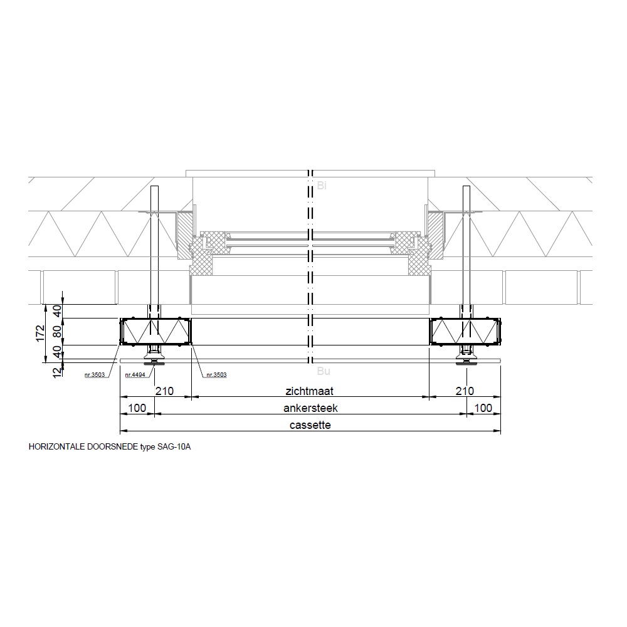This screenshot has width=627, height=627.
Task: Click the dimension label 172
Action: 40,333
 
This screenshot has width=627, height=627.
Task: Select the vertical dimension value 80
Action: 58,332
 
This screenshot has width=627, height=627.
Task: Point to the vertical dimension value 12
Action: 58,371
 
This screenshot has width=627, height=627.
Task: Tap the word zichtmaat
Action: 309,391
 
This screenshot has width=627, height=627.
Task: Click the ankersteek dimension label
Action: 311,408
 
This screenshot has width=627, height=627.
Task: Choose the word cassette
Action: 310,424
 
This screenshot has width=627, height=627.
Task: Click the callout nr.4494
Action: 135,375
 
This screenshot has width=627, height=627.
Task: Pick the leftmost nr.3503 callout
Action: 95,375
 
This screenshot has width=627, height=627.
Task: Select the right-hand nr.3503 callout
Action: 216,375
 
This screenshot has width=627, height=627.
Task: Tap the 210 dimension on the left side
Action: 164,391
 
